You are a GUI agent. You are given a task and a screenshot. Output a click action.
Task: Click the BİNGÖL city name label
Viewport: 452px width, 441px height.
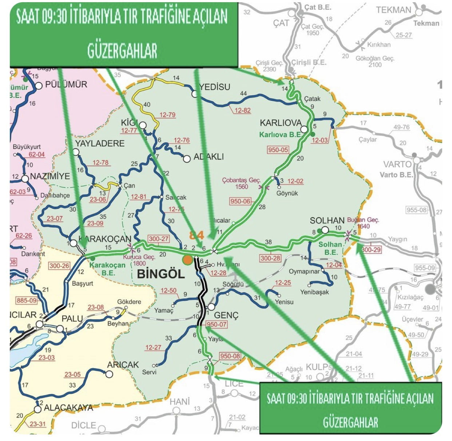click(x=161, y=273)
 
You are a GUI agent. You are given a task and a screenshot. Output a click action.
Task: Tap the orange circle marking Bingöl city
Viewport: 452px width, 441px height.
click(x=187, y=259)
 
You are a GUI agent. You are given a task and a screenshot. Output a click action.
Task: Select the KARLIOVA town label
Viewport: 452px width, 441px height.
click(x=281, y=123)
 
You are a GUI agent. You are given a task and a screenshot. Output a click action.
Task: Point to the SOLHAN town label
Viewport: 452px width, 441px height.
click(x=327, y=220)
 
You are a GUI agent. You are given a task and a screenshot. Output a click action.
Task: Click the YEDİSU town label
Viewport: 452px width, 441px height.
click(x=215, y=87)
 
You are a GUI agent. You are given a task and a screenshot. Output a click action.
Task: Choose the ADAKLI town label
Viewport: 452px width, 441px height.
click(x=209, y=157)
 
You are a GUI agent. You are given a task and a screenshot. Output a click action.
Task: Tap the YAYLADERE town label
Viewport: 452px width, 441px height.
click(x=100, y=143)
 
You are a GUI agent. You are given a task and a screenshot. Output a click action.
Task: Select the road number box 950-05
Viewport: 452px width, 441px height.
click(x=278, y=150)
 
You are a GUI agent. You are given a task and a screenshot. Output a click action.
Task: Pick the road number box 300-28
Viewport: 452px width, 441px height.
click(x=270, y=258)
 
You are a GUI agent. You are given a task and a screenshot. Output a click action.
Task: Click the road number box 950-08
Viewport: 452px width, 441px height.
click(x=230, y=356)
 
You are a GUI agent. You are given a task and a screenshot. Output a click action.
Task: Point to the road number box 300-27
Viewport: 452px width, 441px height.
click(x=159, y=239)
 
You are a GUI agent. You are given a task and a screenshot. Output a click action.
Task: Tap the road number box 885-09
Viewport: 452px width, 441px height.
click(x=27, y=301)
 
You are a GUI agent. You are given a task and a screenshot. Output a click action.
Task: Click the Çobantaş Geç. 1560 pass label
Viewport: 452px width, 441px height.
click(x=242, y=183)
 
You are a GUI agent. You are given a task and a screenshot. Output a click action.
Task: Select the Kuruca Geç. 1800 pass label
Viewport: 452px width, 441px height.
click(x=139, y=260)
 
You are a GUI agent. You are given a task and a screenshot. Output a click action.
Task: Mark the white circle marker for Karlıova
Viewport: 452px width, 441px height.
click(x=304, y=130)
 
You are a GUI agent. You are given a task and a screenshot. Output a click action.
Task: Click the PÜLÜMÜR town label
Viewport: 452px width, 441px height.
click(x=66, y=85)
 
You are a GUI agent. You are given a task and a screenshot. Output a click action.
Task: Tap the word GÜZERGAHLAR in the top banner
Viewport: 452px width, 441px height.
click(x=122, y=51)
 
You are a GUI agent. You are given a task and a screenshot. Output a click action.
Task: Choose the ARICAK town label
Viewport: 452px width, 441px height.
click(x=123, y=365)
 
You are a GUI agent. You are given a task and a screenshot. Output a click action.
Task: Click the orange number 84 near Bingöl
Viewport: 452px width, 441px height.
click(x=196, y=235)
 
